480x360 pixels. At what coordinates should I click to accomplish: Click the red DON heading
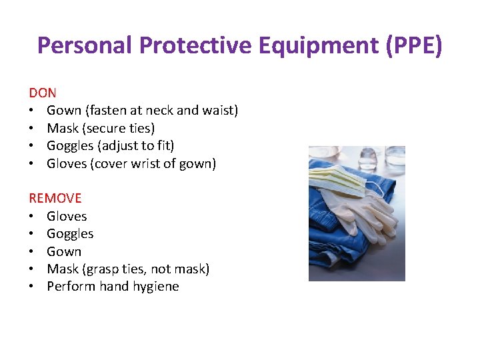click(43, 93)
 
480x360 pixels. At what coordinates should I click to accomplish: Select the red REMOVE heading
click(55, 198)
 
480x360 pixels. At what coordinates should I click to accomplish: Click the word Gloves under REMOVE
click(67, 216)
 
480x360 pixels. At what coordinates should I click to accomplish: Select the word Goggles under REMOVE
click(70, 234)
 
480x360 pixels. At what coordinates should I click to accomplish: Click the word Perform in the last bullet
click(71, 287)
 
